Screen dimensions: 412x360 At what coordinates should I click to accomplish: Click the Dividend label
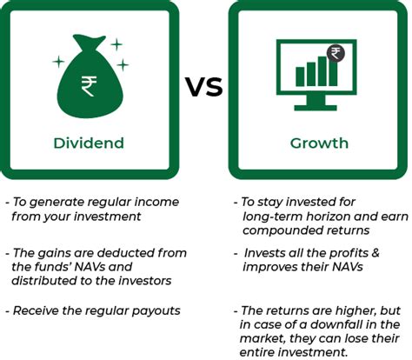[89, 143]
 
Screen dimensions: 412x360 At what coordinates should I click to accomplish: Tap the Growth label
[319, 143]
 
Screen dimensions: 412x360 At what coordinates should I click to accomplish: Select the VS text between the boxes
[204, 87]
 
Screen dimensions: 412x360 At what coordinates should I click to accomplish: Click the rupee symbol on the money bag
[89, 86]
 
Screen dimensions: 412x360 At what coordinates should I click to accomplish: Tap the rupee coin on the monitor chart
[336, 53]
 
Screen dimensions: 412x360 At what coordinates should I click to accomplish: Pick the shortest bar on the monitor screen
[300, 77]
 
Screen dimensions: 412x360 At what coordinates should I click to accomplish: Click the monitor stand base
[316, 108]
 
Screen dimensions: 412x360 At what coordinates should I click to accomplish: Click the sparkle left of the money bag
[58, 62]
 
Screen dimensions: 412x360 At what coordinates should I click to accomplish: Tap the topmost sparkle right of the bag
[116, 44]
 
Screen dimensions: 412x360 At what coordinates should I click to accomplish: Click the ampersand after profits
[375, 253]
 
